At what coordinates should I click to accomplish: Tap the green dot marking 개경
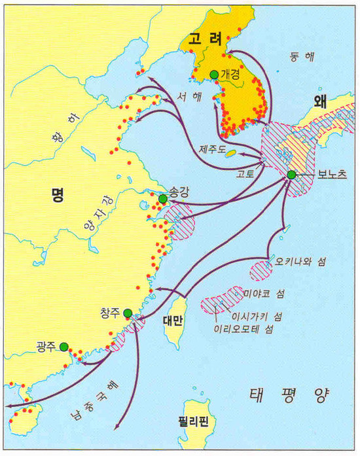coord(213,74)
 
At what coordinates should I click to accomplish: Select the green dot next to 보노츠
coord(291,175)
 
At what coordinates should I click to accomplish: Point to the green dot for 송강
coord(162,198)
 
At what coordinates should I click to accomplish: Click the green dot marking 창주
coord(128,313)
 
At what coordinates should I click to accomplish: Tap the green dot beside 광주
coord(64,347)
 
